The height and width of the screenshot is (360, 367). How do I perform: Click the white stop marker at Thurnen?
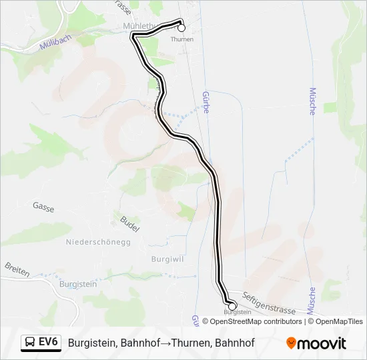tap(181, 28)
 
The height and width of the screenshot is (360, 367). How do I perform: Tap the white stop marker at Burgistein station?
tap(232, 306)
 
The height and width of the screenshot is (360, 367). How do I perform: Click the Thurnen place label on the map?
tap(181, 39)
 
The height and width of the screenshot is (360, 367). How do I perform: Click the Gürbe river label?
tap(206, 102)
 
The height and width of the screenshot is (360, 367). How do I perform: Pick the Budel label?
tap(129, 224)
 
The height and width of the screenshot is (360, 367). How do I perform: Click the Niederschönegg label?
tap(98, 241)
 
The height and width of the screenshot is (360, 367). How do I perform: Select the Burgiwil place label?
tap(167, 258)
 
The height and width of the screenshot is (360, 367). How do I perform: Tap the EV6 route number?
tap(49, 343)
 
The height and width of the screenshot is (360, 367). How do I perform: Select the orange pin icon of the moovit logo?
tap(291, 343)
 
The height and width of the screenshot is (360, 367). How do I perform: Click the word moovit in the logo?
tap(322, 343)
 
